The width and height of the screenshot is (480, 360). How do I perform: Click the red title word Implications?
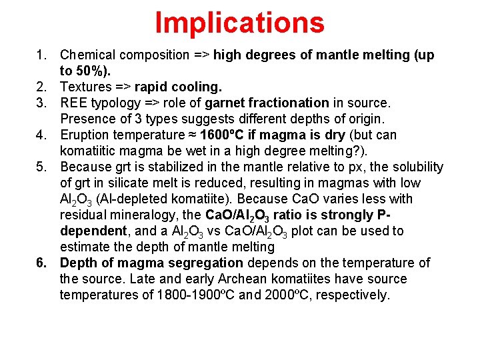239,22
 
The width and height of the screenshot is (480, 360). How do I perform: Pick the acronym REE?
73,103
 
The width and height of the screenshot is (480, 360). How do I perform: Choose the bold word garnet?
225,103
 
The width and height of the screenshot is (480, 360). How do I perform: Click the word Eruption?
85,135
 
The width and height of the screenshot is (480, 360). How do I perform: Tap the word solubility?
415,167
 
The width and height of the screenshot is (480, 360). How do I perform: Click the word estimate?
83,247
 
